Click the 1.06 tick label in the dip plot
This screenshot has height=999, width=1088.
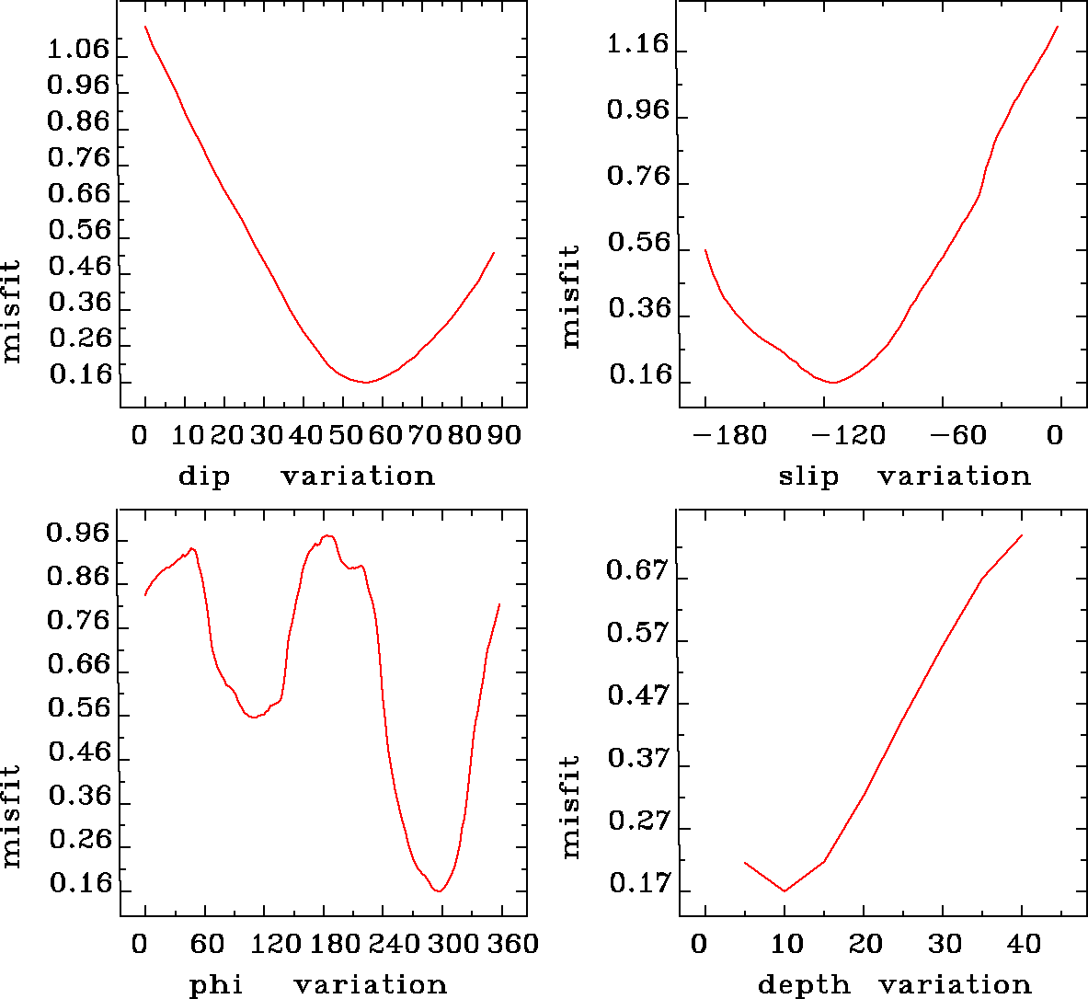(x=78, y=49)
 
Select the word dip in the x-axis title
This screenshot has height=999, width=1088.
(x=203, y=477)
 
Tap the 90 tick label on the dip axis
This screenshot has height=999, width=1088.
(x=504, y=434)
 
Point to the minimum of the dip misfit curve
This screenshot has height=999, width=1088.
(x=365, y=382)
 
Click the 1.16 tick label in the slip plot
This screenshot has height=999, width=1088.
(x=637, y=44)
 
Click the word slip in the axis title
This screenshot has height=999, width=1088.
(x=808, y=477)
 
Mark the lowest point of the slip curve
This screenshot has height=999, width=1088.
(x=833, y=382)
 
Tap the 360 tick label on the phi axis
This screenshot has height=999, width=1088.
(x=511, y=944)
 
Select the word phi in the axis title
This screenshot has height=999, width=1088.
(x=215, y=986)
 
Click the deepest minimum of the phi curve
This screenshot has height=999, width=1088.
(x=440, y=890)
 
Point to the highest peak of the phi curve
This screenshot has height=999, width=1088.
(x=327, y=535)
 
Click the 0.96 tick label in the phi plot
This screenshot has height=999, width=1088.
(x=78, y=534)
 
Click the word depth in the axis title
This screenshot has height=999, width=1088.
(x=804, y=986)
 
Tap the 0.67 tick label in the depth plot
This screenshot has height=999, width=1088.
(x=637, y=571)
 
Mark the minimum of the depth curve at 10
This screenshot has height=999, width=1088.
(x=785, y=890)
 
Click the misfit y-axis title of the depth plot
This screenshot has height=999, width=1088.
(x=571, y=806)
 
